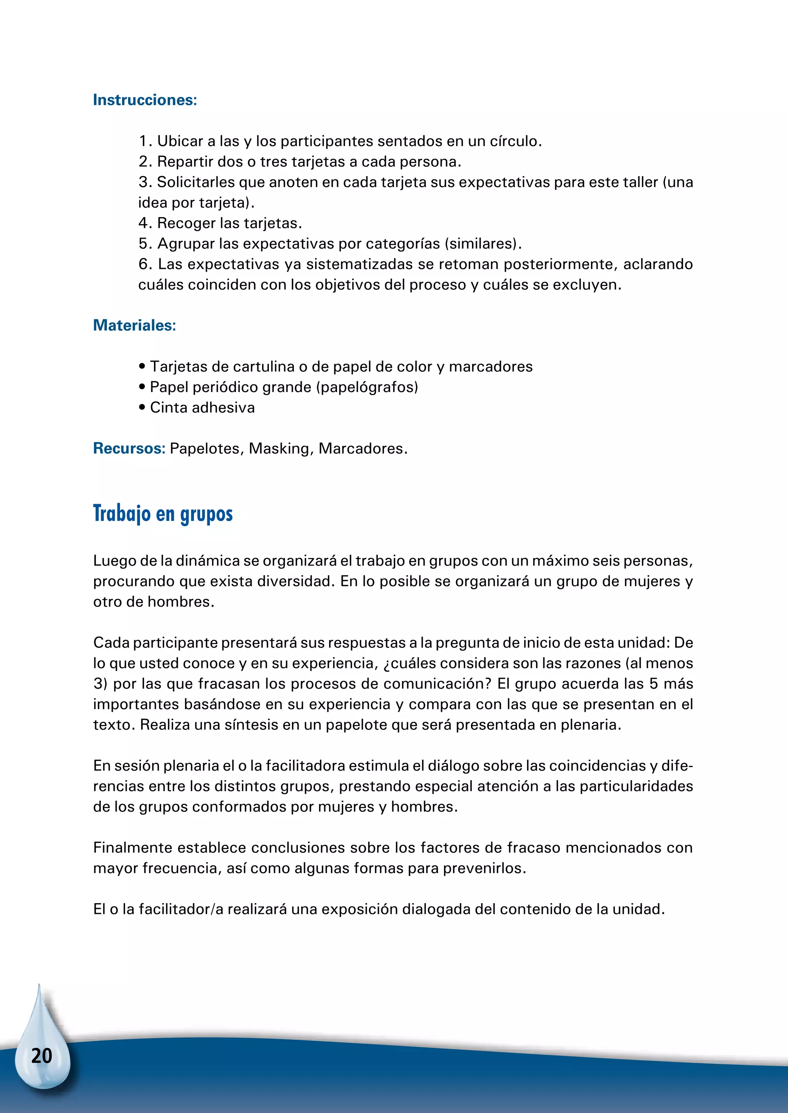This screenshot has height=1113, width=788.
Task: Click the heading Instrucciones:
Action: click(x=145, y=100)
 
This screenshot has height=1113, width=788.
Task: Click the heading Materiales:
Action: click(x=134, y=325)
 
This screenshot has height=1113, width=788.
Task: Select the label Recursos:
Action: click(x=129, y=449)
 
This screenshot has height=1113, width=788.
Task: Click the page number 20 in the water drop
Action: click(x=42, y=1056)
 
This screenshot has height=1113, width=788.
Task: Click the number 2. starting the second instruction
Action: click(x=145, y=162)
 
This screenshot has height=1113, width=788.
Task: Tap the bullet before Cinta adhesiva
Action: click(x=142, y=408)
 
